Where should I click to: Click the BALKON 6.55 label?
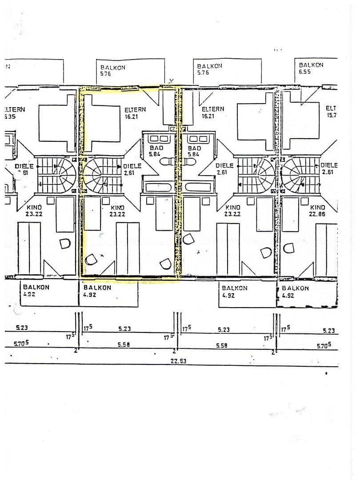pyautogui.click(x=311, y=68)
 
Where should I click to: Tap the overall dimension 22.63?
pyautogui.click(x=178, y=361)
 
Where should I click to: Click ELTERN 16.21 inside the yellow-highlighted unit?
pyautogui.click(x=135, y=112)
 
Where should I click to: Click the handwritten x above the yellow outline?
pyautogui.click(x=171, y=80)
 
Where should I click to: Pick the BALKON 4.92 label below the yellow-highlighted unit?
pyautogui.click(x=97, y=291)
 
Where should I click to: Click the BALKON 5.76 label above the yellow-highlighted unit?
pyautogui.click(x=113, y=71)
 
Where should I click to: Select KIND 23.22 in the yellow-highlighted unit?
pyautogui.click(x=117, y=210)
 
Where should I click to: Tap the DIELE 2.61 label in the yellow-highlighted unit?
pyautogui.click(x=132, y=169)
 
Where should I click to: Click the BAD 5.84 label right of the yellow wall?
pyautogui.click(x=195, y=151)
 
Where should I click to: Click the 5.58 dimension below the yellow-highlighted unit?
pyautogui.click(x=124, y=344)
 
